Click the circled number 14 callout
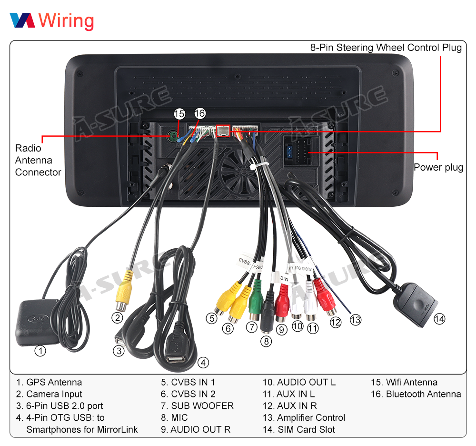439,319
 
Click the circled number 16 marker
200,113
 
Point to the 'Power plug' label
438,167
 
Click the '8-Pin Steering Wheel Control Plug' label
386,48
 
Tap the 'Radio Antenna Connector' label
38,160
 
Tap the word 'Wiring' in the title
66,20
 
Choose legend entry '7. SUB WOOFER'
197,406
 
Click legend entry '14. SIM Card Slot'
299,429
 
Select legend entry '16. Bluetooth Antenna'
416,394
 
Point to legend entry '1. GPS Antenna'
49,382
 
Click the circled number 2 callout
118,318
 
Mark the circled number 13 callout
355,319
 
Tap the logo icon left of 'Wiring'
22,20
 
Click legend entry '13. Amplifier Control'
304,417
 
